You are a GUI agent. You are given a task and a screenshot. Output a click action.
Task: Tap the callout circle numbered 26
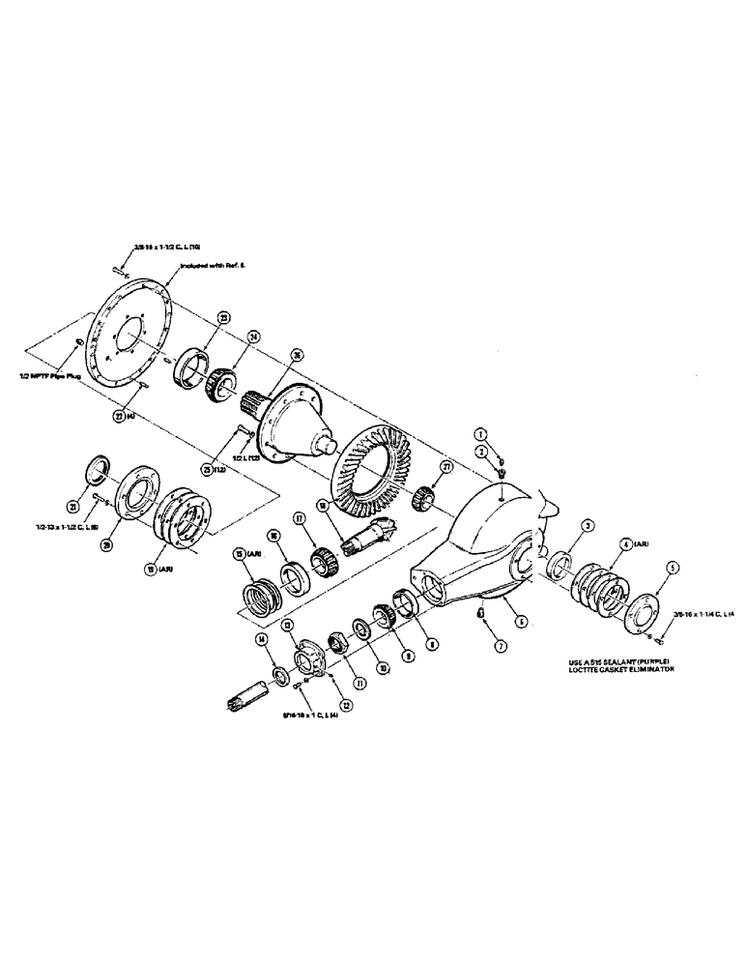pos(297,355)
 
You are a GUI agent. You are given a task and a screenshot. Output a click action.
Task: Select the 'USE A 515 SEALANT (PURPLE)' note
pos(620,663)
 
